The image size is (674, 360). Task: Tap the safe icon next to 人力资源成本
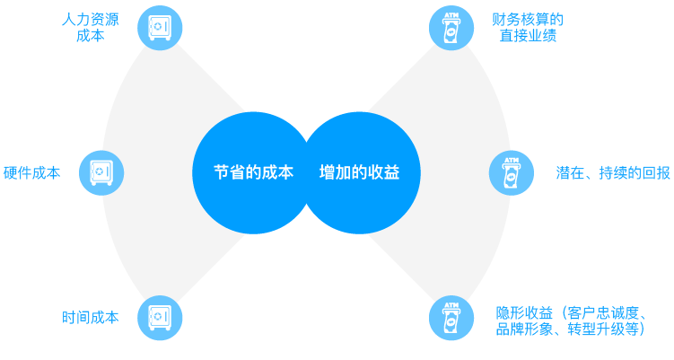tap(160, 28)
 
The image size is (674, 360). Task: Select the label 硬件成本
tap(32, 173)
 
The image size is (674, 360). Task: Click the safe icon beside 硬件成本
tap(101, 172)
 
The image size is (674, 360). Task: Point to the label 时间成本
tap(90, 318)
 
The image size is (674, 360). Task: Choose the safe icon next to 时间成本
tap(160, 318)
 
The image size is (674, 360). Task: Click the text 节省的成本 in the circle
tap(253, 173)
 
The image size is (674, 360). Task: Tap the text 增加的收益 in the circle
tap(359, 173)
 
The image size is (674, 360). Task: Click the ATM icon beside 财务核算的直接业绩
tap(451, 28)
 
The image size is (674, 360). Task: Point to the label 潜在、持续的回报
tap(613, 173)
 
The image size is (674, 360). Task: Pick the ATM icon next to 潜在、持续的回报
tap(511, 173)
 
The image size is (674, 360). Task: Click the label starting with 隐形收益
tap(571, 321)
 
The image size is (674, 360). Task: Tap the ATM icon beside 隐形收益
tap(451, 318)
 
